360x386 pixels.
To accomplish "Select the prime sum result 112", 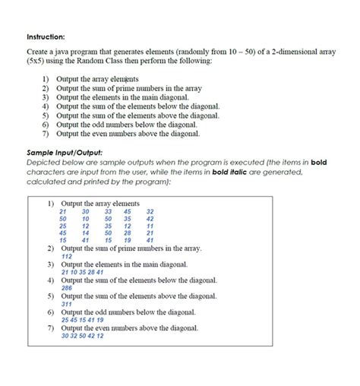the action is pyautogui.click(x=67, y=257).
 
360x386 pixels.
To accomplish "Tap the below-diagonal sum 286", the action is pyautogui.click(x=67, y=289).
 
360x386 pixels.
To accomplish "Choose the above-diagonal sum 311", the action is pyautogui.click(x=67, y=304).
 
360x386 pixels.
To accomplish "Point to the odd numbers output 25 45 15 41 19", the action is pyautogui.click(x=83, y=320).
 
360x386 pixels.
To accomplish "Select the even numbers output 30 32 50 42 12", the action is pyautogui.click(x=83, y=336).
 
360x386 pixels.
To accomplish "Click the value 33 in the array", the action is pyautogui.click(x=108, y=211).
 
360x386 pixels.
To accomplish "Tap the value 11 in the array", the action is pyautogui.click(x=150, y=226).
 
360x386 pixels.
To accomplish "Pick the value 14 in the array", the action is pyautogui.click(x=86, y=233).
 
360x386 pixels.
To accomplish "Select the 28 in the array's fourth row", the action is pyautogui.click(x=128, y=233).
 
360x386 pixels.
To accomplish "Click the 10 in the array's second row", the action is pyautogui.click(x=86, y=218).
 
